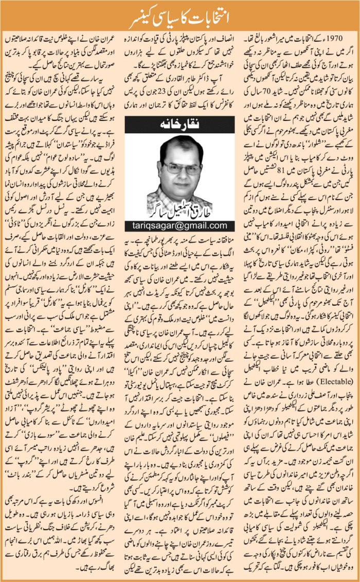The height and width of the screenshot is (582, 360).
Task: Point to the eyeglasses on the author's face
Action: [x=176, y=168]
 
